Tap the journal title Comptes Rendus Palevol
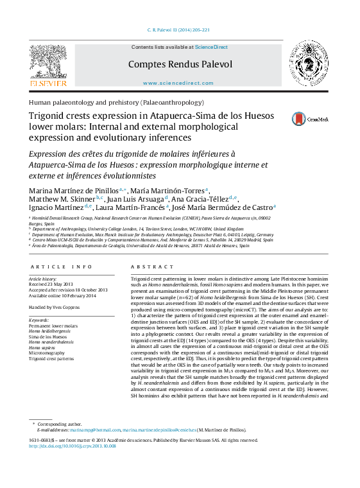(180, 64)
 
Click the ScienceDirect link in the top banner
(211, 47)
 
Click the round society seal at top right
(308, 63)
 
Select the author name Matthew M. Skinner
(61, 198)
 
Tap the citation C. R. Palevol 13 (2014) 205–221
(179, 30)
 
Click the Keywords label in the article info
(39, 320)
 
